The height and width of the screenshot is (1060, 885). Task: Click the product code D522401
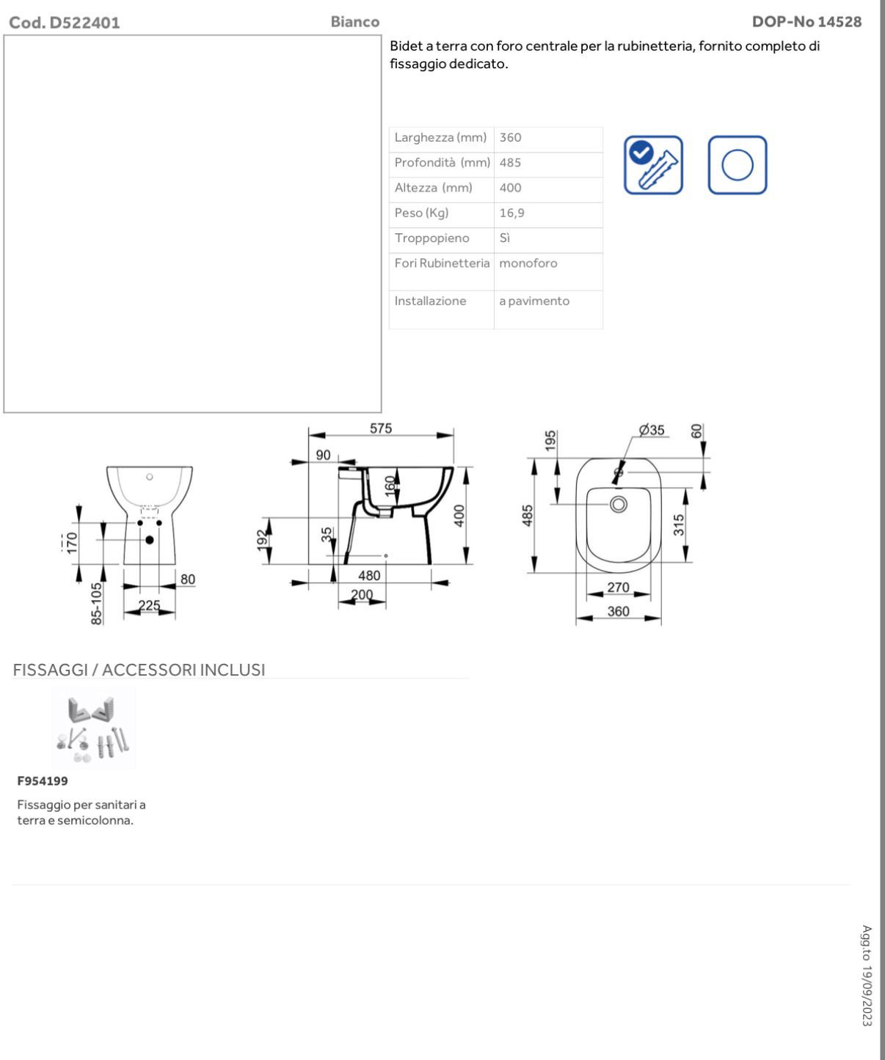pyautogui.click(x=64, y=23)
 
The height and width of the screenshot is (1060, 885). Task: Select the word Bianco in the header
pyautogui.click(x=354, y=22)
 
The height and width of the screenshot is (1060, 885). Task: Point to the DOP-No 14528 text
pyautogui.click(x=806, y=22)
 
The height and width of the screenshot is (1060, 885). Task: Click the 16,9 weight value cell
pyautogui.click(x=512, y=213)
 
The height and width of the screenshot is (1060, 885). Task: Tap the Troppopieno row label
pyautogui.click(x=431, y=238)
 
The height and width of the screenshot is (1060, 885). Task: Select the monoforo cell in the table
pyautogui.click(x=528, y=263)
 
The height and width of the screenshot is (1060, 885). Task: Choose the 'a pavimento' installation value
pyautogui.click(x=534, y=301)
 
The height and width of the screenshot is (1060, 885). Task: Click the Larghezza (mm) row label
pyautogui.click(x=440, y=138)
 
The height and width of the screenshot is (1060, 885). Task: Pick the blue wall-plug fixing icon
pyautogui.click(x=653, y=165)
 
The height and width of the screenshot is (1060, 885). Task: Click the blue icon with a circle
pyautogui.click(x=737, y=165)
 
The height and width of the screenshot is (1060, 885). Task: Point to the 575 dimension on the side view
pyautogui.click(x=381, y=429)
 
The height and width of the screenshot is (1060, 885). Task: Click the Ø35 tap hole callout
pyautogui.click(x=651, y=431)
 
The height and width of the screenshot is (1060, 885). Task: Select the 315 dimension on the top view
pyautogui.click(x=679, y=524)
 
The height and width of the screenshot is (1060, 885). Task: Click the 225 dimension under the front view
pyautogui.click(x=150, y=606)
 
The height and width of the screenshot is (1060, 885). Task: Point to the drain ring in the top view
pyautogui.click(x=619, y=504)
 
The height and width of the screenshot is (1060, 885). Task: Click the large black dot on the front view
pyautogui.click(x=150, y=540)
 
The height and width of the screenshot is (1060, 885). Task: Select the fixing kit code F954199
pyautogui.click(x=43, y=781)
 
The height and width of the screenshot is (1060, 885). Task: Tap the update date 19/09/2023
pyautogui.click(x=867, y=976)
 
